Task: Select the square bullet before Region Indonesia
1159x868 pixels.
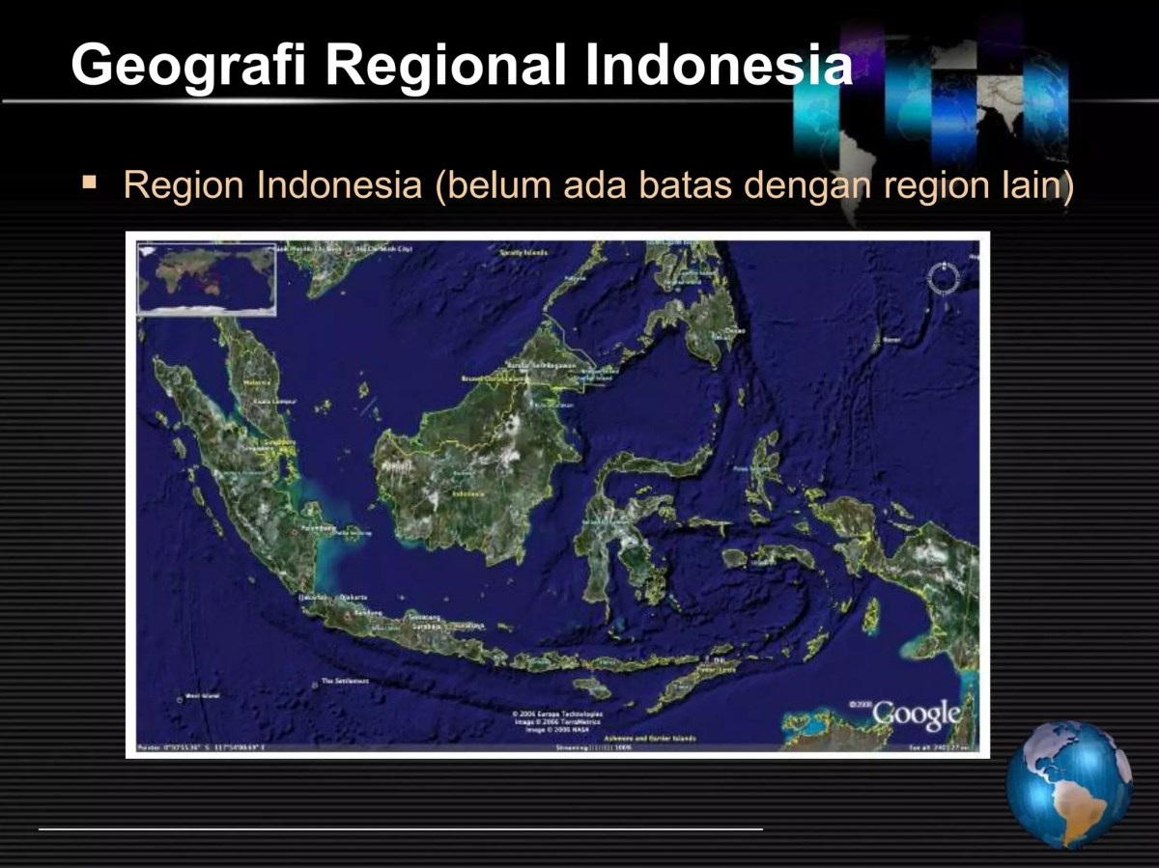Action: click(x=90, y=181)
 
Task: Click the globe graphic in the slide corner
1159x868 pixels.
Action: click(x=1068, y=784)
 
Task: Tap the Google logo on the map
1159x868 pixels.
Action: click(x=916, y=714)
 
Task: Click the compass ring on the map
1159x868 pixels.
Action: click(x=943, y=278)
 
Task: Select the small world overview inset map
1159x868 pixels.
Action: click(x=206, y=278)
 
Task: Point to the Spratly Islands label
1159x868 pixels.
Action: click(x=523, y=253)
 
